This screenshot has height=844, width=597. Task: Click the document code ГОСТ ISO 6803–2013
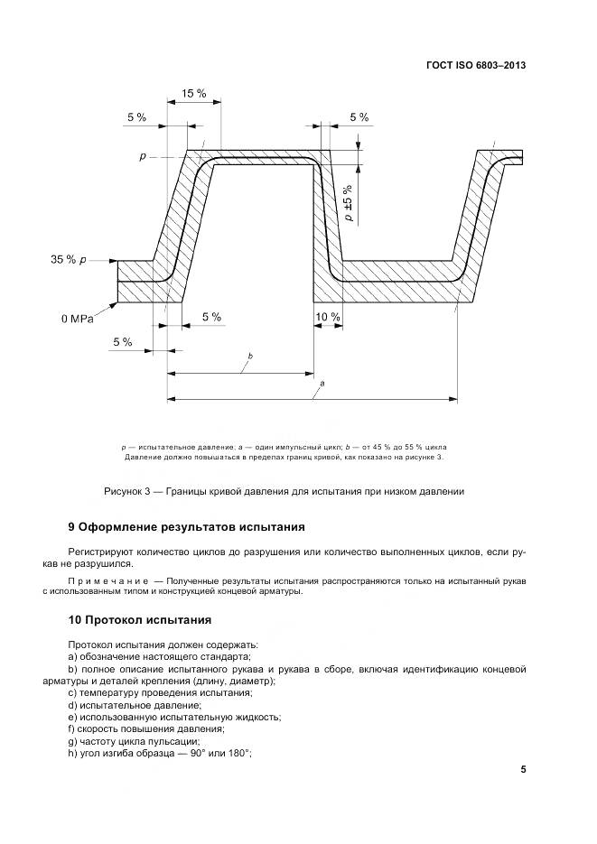(x=475, y=65)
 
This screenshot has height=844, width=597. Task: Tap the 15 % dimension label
(x=192, y=94)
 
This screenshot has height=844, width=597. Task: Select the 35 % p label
(x=69, y=260)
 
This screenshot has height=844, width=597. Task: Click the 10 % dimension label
(x=327, y=317)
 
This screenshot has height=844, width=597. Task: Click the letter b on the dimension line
(x=249, y=357)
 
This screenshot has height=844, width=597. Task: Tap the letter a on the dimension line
(x=322, y=383)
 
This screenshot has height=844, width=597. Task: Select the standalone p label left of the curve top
(x=143, y=156)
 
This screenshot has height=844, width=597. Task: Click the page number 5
(x=523, y=769)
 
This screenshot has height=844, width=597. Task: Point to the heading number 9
(x=71, y=526)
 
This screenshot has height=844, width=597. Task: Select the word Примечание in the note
(x=106, y=579)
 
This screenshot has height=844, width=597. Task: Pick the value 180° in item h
(x=238, y=754)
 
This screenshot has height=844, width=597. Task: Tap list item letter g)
(x=72, y=741)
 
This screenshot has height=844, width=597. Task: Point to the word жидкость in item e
(x=255, y=717)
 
